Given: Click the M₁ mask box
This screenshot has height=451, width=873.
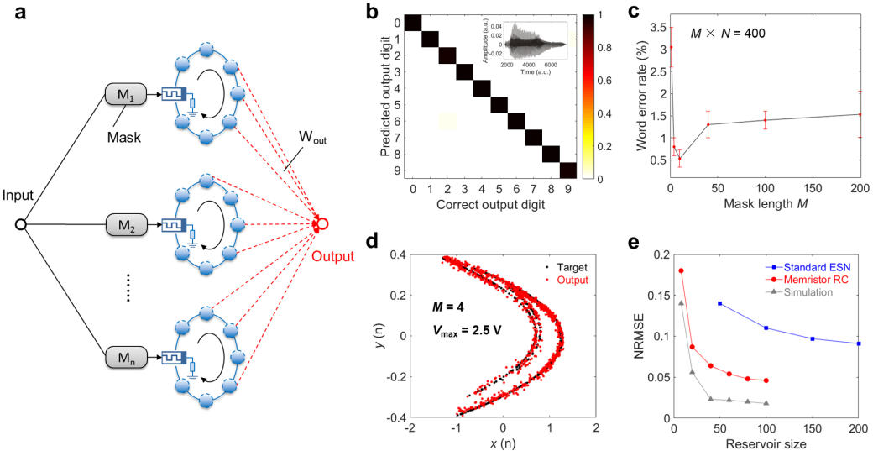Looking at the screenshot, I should (125, 95).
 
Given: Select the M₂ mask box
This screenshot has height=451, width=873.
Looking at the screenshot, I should (125, 225).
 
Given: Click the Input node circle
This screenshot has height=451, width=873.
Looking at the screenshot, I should (21, 225).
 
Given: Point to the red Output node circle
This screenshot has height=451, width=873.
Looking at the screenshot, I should (321, 225).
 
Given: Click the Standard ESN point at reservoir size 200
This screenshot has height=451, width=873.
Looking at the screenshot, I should (859, 343).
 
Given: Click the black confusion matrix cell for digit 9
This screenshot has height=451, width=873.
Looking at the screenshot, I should (567, 170).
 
